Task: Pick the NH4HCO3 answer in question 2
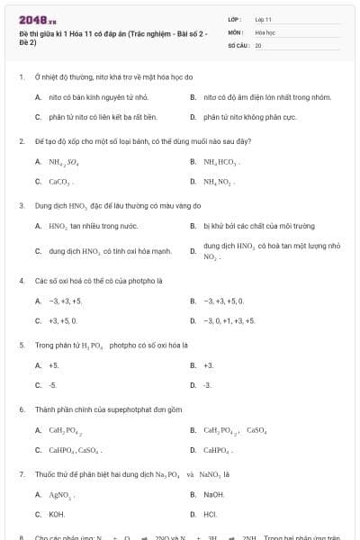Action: pos(221,162)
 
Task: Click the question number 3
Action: pos(21,205)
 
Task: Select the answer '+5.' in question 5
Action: pos(54,365)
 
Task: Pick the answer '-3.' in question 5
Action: pos(208,385)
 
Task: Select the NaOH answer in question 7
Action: pos(214,494)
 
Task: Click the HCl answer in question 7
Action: pos(210,514)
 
